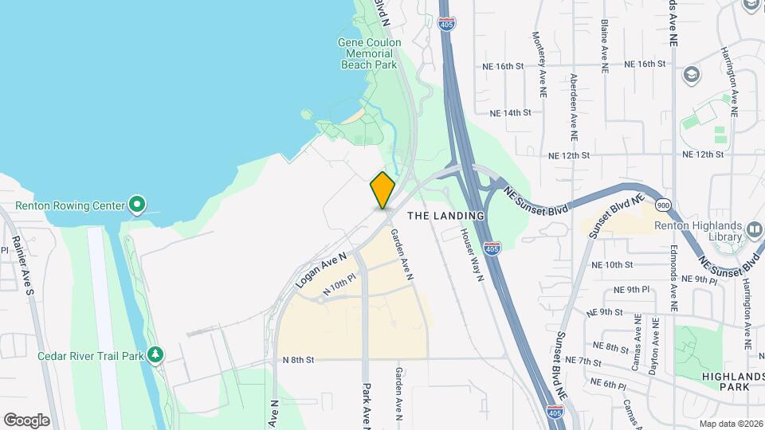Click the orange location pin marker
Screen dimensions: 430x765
point(382,190)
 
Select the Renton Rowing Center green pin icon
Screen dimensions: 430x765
point(137,206)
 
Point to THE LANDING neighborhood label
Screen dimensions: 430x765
point(445,216)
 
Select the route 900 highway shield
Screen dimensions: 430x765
point(665,205)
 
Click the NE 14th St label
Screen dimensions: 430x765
point(511,113)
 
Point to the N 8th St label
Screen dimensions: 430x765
point(299,360)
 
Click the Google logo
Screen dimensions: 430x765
point(26,420)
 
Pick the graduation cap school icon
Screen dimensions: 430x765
point(691,76)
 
